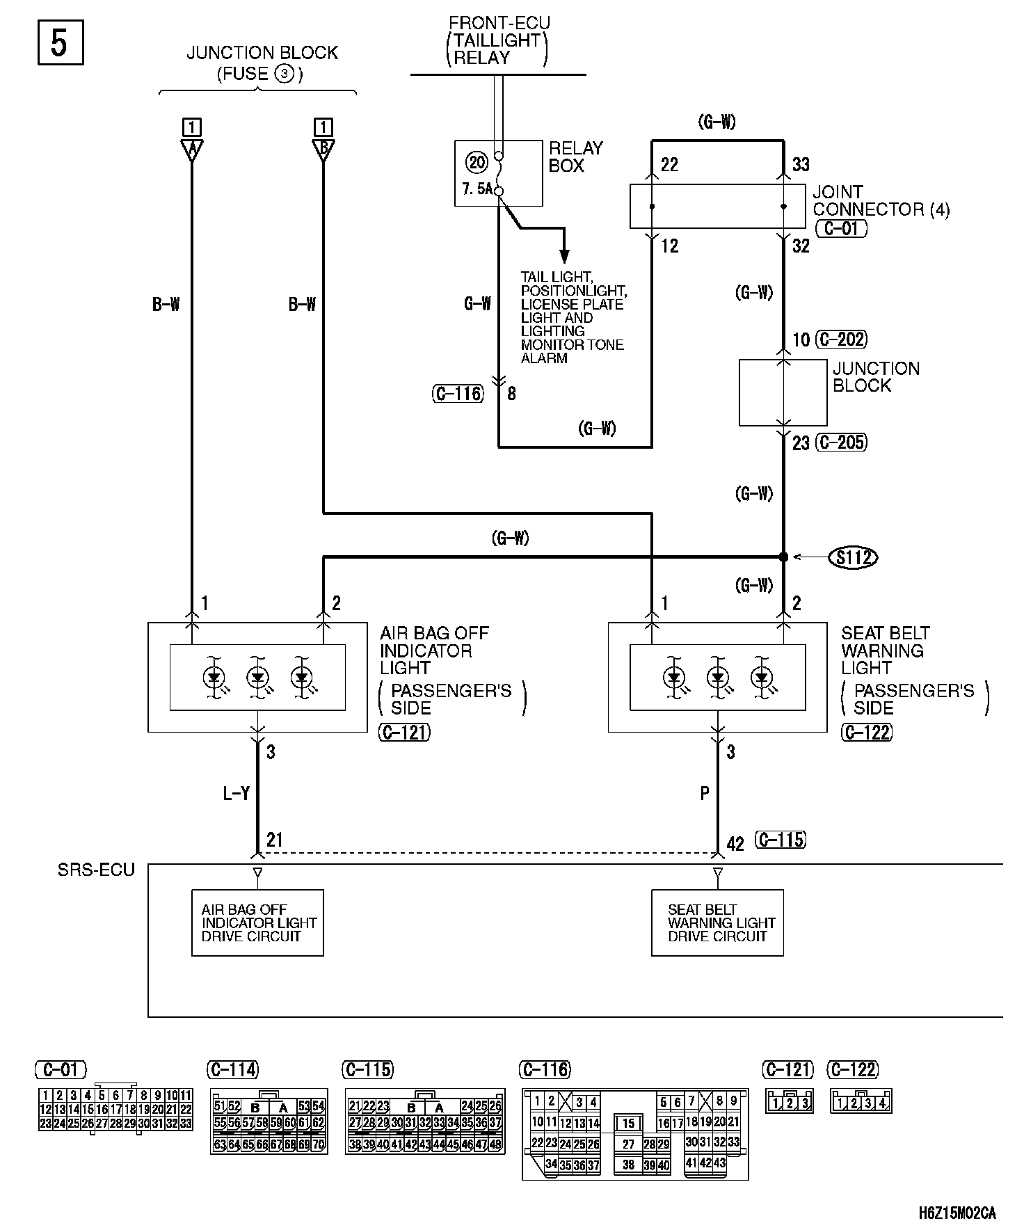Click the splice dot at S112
coord(783,557)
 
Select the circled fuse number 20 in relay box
coord(477,163)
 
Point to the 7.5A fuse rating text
coord(477,189)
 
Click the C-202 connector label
coord(841,340)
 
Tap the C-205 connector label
coord(841,442)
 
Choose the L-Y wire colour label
coord(236,793)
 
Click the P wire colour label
coord(705,793)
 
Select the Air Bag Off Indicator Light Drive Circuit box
coord(257,922)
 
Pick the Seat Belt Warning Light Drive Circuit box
coord(717,922)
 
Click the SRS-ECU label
coord(96,870)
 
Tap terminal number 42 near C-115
coord(735,844)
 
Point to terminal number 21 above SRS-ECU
coord(275,840)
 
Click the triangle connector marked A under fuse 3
coord(191,150)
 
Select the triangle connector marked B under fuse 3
coord(323,150)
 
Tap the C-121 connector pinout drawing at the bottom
coord(789,1102)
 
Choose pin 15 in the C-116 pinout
coord(628,1124)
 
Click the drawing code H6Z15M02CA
coord(957,1213)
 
